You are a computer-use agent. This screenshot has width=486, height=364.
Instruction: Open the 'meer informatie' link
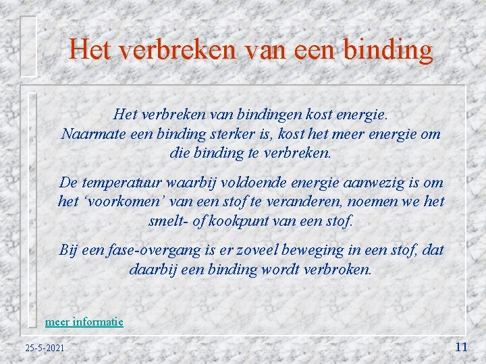point(84,322)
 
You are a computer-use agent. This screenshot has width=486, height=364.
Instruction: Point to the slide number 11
point(462,347)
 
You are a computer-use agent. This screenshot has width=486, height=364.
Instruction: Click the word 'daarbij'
point(151,269)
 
